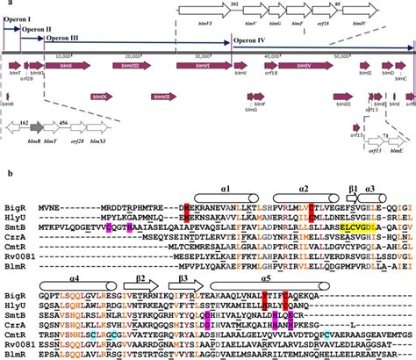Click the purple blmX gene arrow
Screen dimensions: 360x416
(40, 65)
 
